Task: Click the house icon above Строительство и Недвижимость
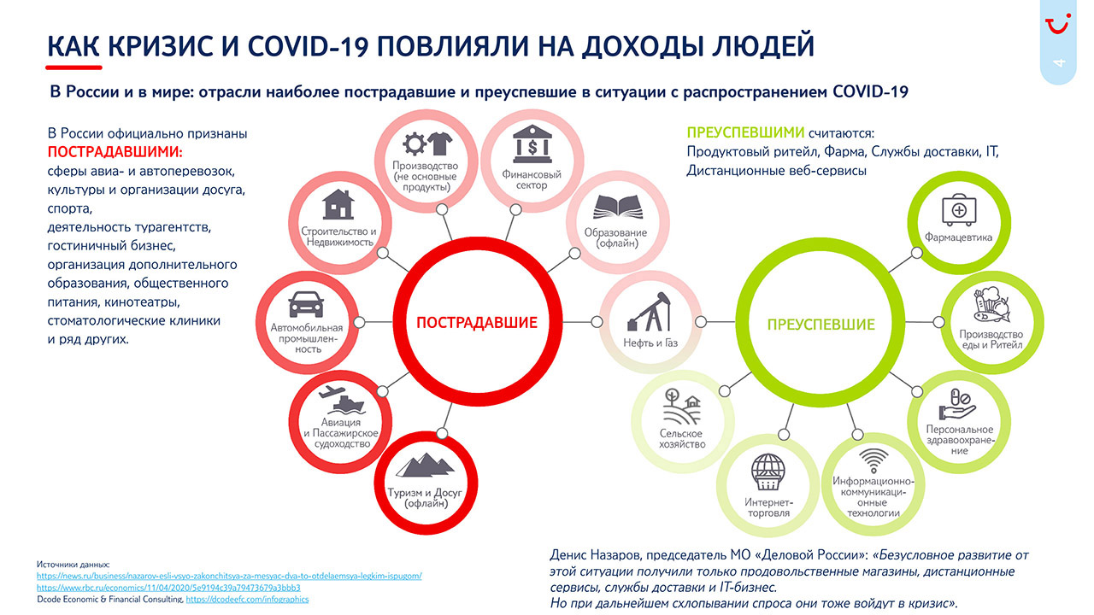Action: click(x=338, y=204)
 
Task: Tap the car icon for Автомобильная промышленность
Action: click(x=306, y=304)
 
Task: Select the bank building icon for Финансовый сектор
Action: click(x=532, y=144)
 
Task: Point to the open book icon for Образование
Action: click(x=618, y=207)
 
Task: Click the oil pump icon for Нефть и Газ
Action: click(x=650, y=312)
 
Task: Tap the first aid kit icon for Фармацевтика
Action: click(x=959, y=210)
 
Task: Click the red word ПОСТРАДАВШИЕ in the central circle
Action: click(x=477, y=322)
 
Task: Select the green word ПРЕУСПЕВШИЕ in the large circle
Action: click(x=821, y=325)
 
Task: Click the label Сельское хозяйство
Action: click(x=682, y=438)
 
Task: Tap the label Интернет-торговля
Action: click(x=768, y=507)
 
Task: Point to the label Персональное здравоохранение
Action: click(x=960, y=440)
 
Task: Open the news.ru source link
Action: click(x=229, y=576)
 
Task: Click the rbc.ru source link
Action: click(x=168, y=588)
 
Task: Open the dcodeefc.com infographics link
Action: click(x=247, y=600)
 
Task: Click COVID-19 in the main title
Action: click(x=308, y=46)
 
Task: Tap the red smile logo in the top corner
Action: click(x=1058, y=23)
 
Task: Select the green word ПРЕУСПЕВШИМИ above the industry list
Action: click(x=745, y=132)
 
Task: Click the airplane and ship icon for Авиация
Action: click(x=341, y=399)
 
